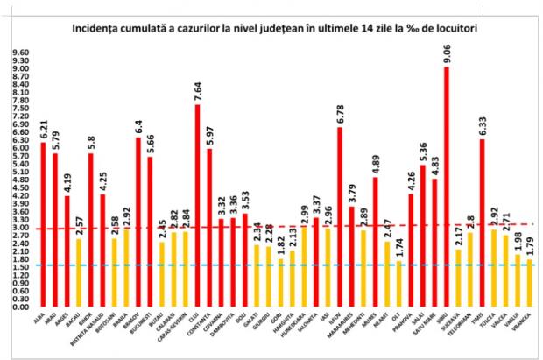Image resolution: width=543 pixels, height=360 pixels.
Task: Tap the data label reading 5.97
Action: [209, 133]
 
